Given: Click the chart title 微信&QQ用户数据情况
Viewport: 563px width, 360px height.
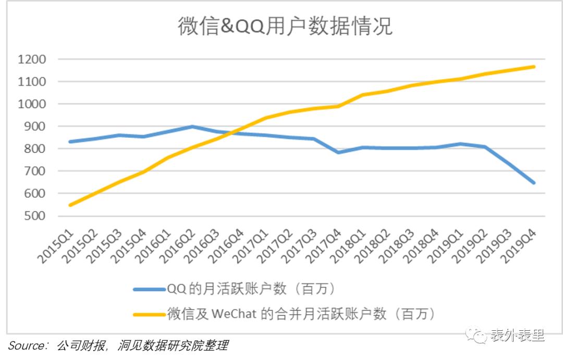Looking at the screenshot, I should click(x=285, y=27).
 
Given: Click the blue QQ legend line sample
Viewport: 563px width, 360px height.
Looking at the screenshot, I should click(x=149, y=289).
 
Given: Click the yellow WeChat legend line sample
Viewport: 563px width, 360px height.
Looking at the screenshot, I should click(x=149, y=314).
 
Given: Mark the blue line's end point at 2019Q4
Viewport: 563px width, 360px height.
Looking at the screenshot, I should click(x=533, y=183).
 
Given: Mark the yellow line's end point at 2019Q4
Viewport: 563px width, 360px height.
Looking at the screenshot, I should click(x=533, y=67).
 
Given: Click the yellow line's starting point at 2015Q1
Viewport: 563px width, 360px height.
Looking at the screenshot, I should click(x=69, y=205).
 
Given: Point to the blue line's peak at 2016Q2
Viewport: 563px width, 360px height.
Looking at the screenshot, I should click(x=192, y=126).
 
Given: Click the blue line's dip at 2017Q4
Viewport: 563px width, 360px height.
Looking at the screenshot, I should click(x=339, y=152).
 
